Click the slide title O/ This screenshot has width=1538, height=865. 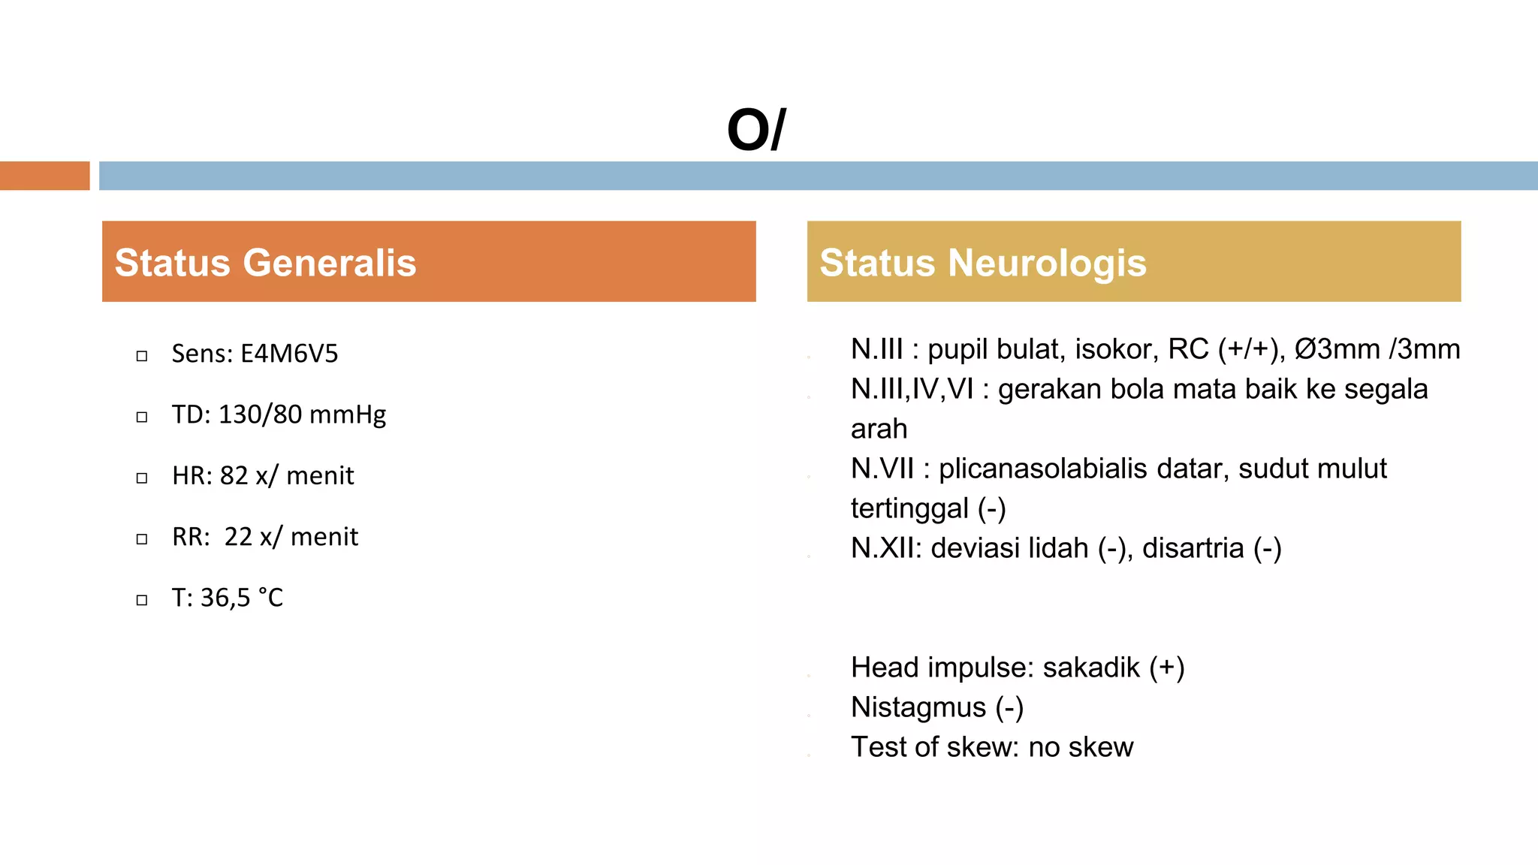click(x=756, y=130)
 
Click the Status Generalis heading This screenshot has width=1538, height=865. click(x=265, y=263)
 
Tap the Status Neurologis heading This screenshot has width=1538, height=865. click(x=983, y=263)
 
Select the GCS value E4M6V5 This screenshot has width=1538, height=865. click(x=289, y=354)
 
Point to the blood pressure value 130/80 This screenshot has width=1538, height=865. click(x=260, y=414)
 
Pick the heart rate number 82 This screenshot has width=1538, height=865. click(x=234, y=476)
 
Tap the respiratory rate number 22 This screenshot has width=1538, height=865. click(x=239, y=537)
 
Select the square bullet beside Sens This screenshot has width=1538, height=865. click(x=142, y=356)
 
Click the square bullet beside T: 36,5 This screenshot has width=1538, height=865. click(x=142, y=600)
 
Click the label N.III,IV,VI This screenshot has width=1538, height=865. click(x=912, y=389)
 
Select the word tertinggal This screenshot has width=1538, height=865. click(x=909, y=509)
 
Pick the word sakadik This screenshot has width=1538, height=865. click(x=1091, y=668)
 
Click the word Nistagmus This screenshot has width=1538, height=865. click(x=918, y=708)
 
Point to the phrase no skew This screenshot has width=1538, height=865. click(x=1081, y=747)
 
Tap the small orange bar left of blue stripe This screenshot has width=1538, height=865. click(x=45, y=176)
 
